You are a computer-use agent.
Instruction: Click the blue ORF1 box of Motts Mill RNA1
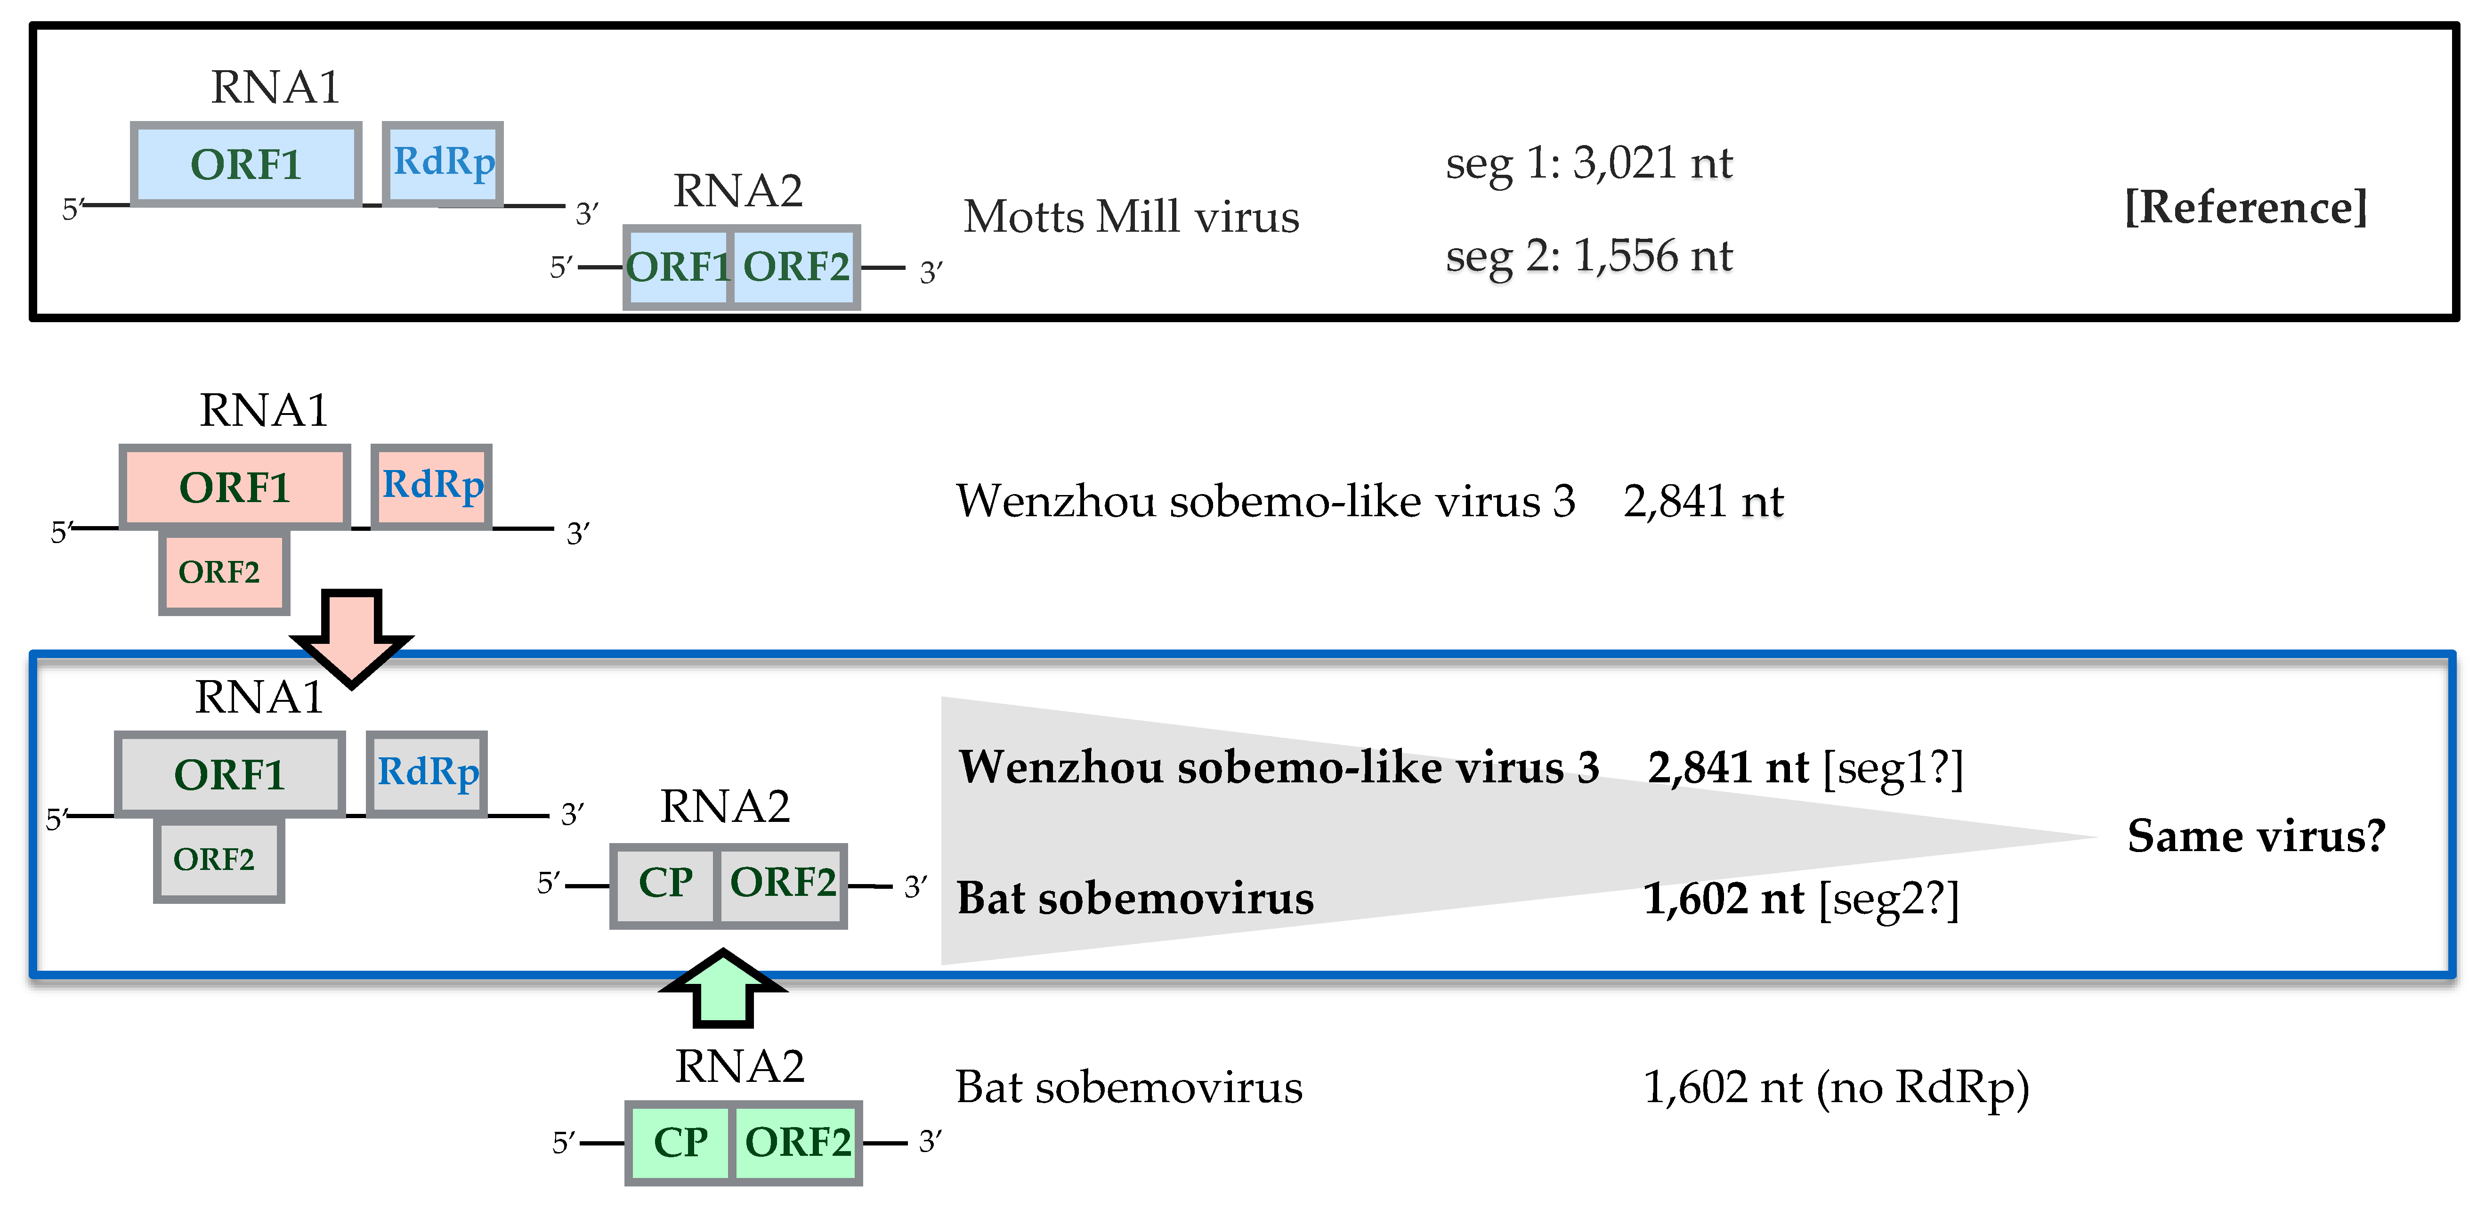[246, 164]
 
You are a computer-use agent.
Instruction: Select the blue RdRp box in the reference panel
[443, 163]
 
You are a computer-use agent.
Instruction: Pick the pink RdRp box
[432, 487]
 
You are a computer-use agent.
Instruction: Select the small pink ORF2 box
[224, 573]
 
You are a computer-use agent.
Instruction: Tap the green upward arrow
[722, 989]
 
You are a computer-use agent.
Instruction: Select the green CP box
[680, 1144]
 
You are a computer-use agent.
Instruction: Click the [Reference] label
[2245, 207]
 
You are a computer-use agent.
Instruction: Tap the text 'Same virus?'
[2255, 836]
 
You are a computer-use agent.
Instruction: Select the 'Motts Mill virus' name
[1131, 217]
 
